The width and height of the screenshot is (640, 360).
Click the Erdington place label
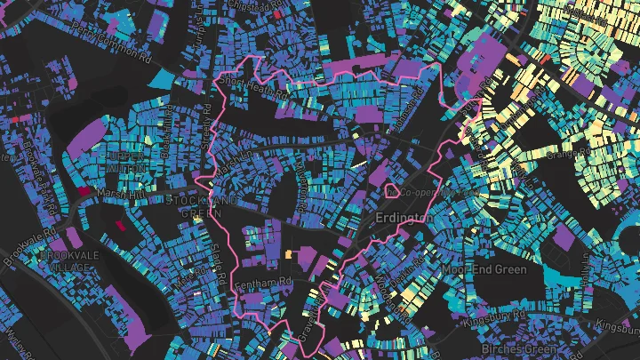[404, 218]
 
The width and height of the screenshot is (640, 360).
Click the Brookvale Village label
[63, 260]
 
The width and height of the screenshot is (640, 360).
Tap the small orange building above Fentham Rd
[288, 255]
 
